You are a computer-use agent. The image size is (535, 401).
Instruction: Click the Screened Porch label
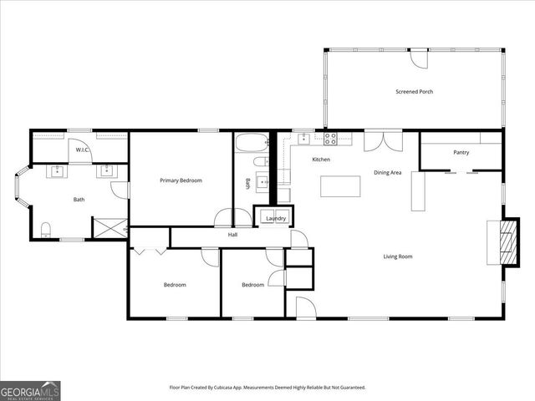[414, 91]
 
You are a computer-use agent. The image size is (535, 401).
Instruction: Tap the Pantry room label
[461, 152]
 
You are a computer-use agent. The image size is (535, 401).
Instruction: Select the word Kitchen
[321, 160]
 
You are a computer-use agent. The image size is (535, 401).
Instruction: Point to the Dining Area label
[388, 172]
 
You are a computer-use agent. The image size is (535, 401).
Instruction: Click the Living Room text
[398, 256]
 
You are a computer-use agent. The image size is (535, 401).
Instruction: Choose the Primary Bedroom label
[181, 180]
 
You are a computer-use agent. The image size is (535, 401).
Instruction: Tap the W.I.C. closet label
[82, 150]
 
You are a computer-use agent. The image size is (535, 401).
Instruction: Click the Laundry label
[276, 219]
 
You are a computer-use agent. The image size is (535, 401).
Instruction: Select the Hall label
[233, 236]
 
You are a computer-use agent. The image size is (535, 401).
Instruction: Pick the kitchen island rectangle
[340, 185]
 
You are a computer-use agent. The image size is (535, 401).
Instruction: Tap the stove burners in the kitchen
[330, 138]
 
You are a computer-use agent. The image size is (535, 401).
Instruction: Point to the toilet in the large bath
[47, 228]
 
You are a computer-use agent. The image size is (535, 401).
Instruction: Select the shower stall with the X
[110, 228]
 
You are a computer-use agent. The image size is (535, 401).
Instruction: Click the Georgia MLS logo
[30, 390]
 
